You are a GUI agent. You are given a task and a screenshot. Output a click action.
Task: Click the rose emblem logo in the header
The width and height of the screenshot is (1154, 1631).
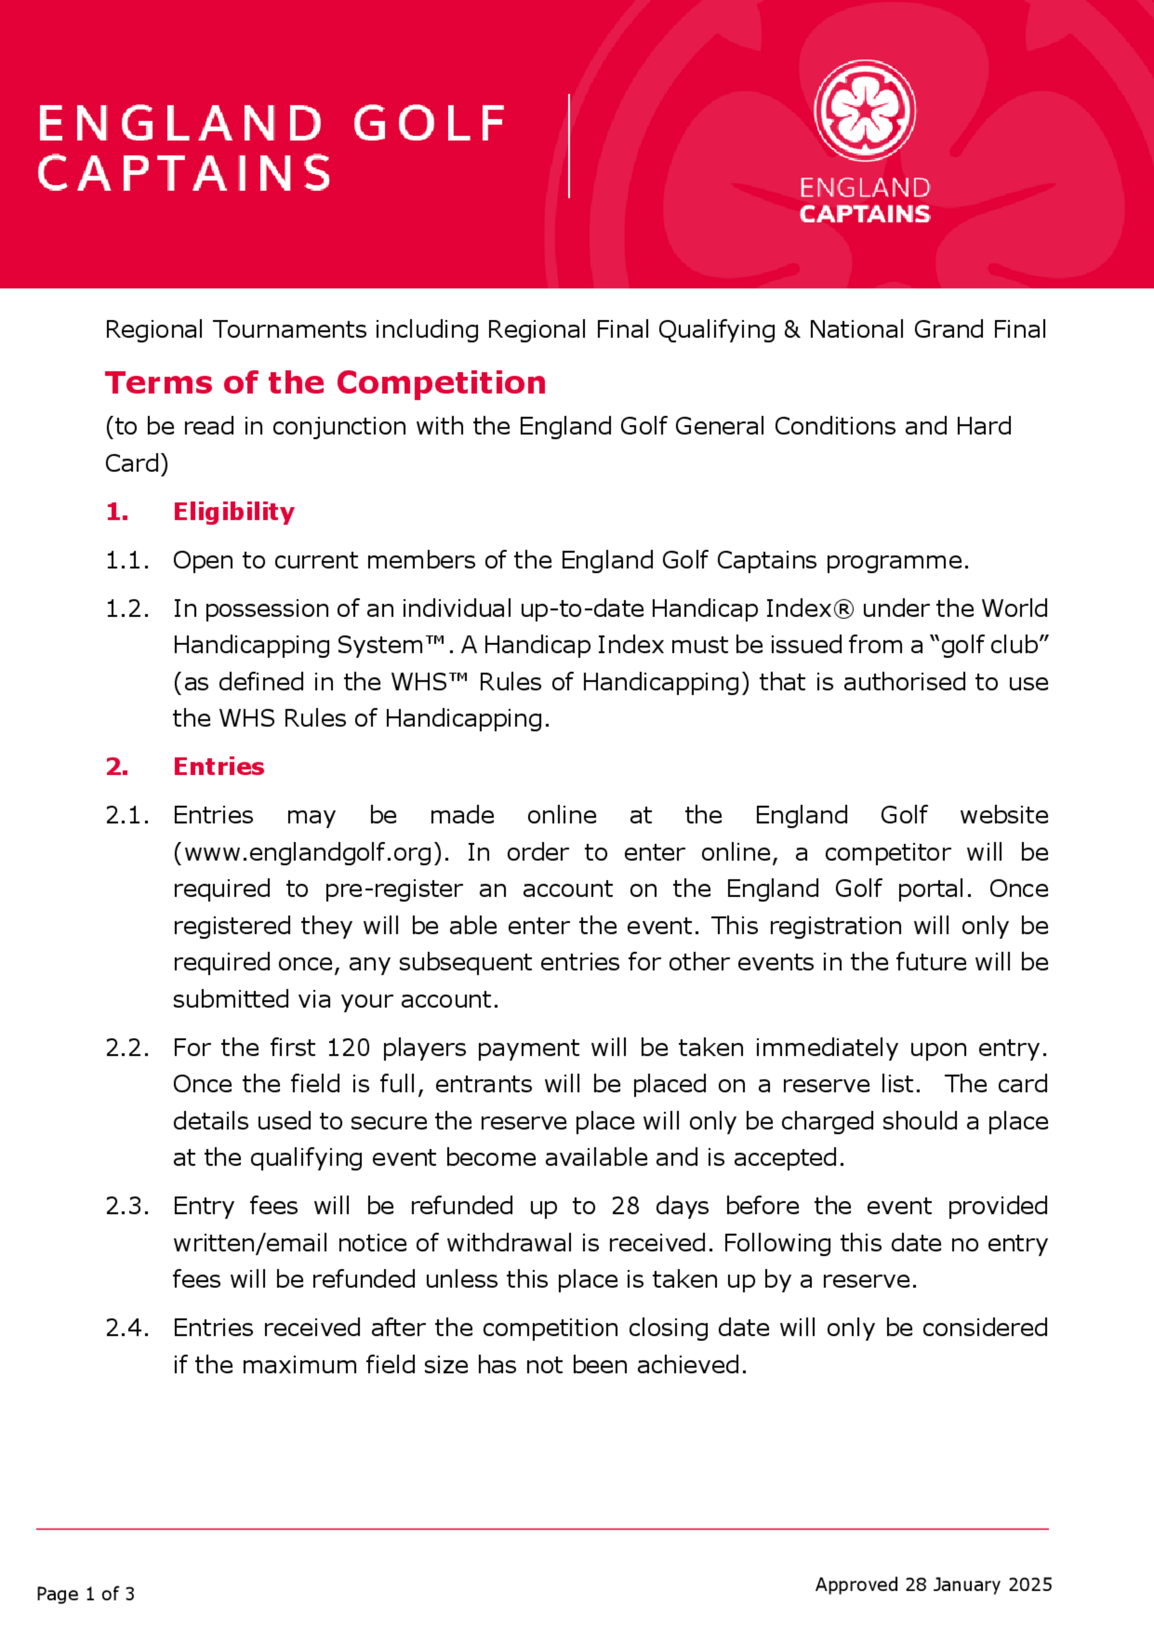pos(864,110)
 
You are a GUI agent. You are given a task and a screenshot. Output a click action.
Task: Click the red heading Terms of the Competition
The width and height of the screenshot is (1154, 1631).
pos(325,383)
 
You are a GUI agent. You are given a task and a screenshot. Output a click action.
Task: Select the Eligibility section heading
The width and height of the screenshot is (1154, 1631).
pos(233,512)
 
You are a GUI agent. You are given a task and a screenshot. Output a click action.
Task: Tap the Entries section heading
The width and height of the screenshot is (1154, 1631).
pos(218,767)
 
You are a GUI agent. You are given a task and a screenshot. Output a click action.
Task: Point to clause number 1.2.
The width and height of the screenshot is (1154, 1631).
pos(126,609)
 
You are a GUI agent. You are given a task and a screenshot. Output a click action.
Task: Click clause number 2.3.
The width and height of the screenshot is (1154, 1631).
pos(126,1206)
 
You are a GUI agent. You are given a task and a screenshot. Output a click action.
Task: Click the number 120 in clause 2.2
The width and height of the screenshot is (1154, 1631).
pos(348,1047)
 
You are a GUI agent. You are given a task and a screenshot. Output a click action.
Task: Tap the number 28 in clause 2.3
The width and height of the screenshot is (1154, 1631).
pos(625,1206)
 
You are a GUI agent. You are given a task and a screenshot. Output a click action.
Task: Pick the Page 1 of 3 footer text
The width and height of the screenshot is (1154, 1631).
pos(85,1594)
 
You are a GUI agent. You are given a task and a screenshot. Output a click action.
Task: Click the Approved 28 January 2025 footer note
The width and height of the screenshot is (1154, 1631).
pos(933,1584)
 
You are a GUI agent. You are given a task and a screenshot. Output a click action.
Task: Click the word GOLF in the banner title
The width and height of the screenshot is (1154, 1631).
pos(429,124)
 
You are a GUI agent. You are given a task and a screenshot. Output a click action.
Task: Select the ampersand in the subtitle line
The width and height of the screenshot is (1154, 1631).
pos(792,330)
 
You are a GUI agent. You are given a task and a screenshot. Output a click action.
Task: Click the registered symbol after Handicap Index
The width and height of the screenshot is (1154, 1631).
pos(844,609)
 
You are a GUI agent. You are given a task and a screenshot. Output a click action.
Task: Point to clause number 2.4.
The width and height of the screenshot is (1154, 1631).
pos(126,1327)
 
